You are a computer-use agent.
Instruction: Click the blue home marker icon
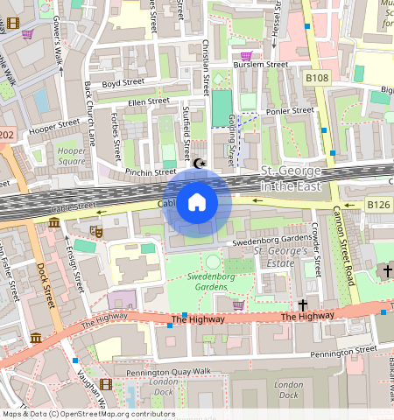[197, 203]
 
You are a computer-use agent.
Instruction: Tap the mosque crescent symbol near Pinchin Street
[201, 163]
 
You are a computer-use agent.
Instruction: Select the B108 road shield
[316, 79]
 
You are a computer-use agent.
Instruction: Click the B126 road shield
[378, 205]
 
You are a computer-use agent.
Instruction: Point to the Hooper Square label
[72, 156]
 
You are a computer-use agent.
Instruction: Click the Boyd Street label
[122, 84]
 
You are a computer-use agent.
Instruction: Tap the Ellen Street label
[148, 101]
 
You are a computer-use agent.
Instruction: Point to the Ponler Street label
[290, 111]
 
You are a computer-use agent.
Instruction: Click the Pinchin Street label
[151, 172]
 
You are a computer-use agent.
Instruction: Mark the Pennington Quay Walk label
[169, 373]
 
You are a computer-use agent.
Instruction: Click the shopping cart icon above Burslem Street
[246, 56]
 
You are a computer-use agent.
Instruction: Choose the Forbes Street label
[116, 136]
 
